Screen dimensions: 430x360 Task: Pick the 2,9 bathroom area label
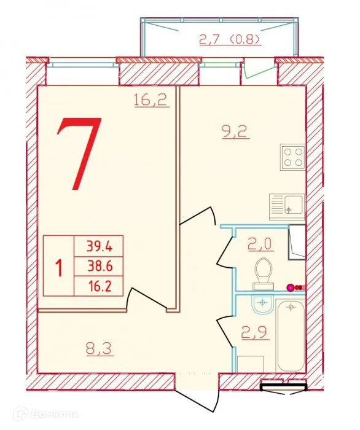254,336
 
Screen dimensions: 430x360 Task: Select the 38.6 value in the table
98,266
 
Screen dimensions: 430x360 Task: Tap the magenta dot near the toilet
291,286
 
